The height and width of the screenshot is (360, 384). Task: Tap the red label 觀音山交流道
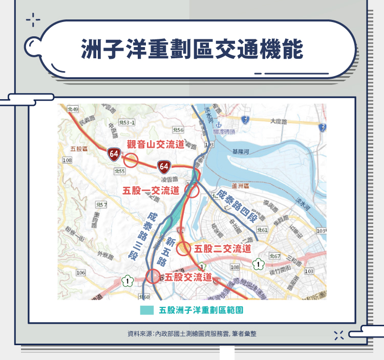[155, 144]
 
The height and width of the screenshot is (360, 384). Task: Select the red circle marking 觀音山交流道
[131, 161]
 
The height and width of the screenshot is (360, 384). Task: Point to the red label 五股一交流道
[152, 191]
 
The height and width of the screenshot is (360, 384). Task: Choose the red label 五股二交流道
[224, 249]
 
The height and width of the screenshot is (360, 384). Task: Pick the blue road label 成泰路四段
[236, 207]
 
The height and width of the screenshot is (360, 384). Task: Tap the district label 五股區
[79, 148]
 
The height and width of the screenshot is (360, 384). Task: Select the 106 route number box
[80, 273]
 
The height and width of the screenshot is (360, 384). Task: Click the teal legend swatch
[146, 310]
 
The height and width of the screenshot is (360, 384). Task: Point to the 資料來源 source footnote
[192, 333]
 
